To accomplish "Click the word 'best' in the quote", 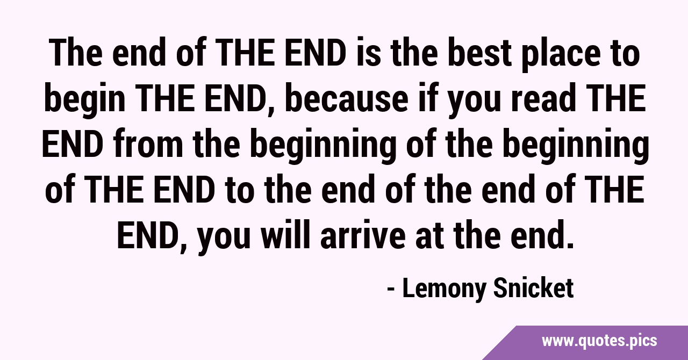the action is click(479, 53).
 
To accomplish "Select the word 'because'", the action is click(346, 98).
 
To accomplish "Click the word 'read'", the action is click(543, 98).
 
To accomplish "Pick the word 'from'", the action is click(148, 143).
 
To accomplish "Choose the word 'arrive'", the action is click(363, 234).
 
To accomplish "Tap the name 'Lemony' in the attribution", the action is click(444, 289).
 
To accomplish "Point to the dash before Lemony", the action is click(391, 290).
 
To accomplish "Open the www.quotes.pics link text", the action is click(599, 341).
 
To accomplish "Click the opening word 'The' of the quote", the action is click(75, 53).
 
